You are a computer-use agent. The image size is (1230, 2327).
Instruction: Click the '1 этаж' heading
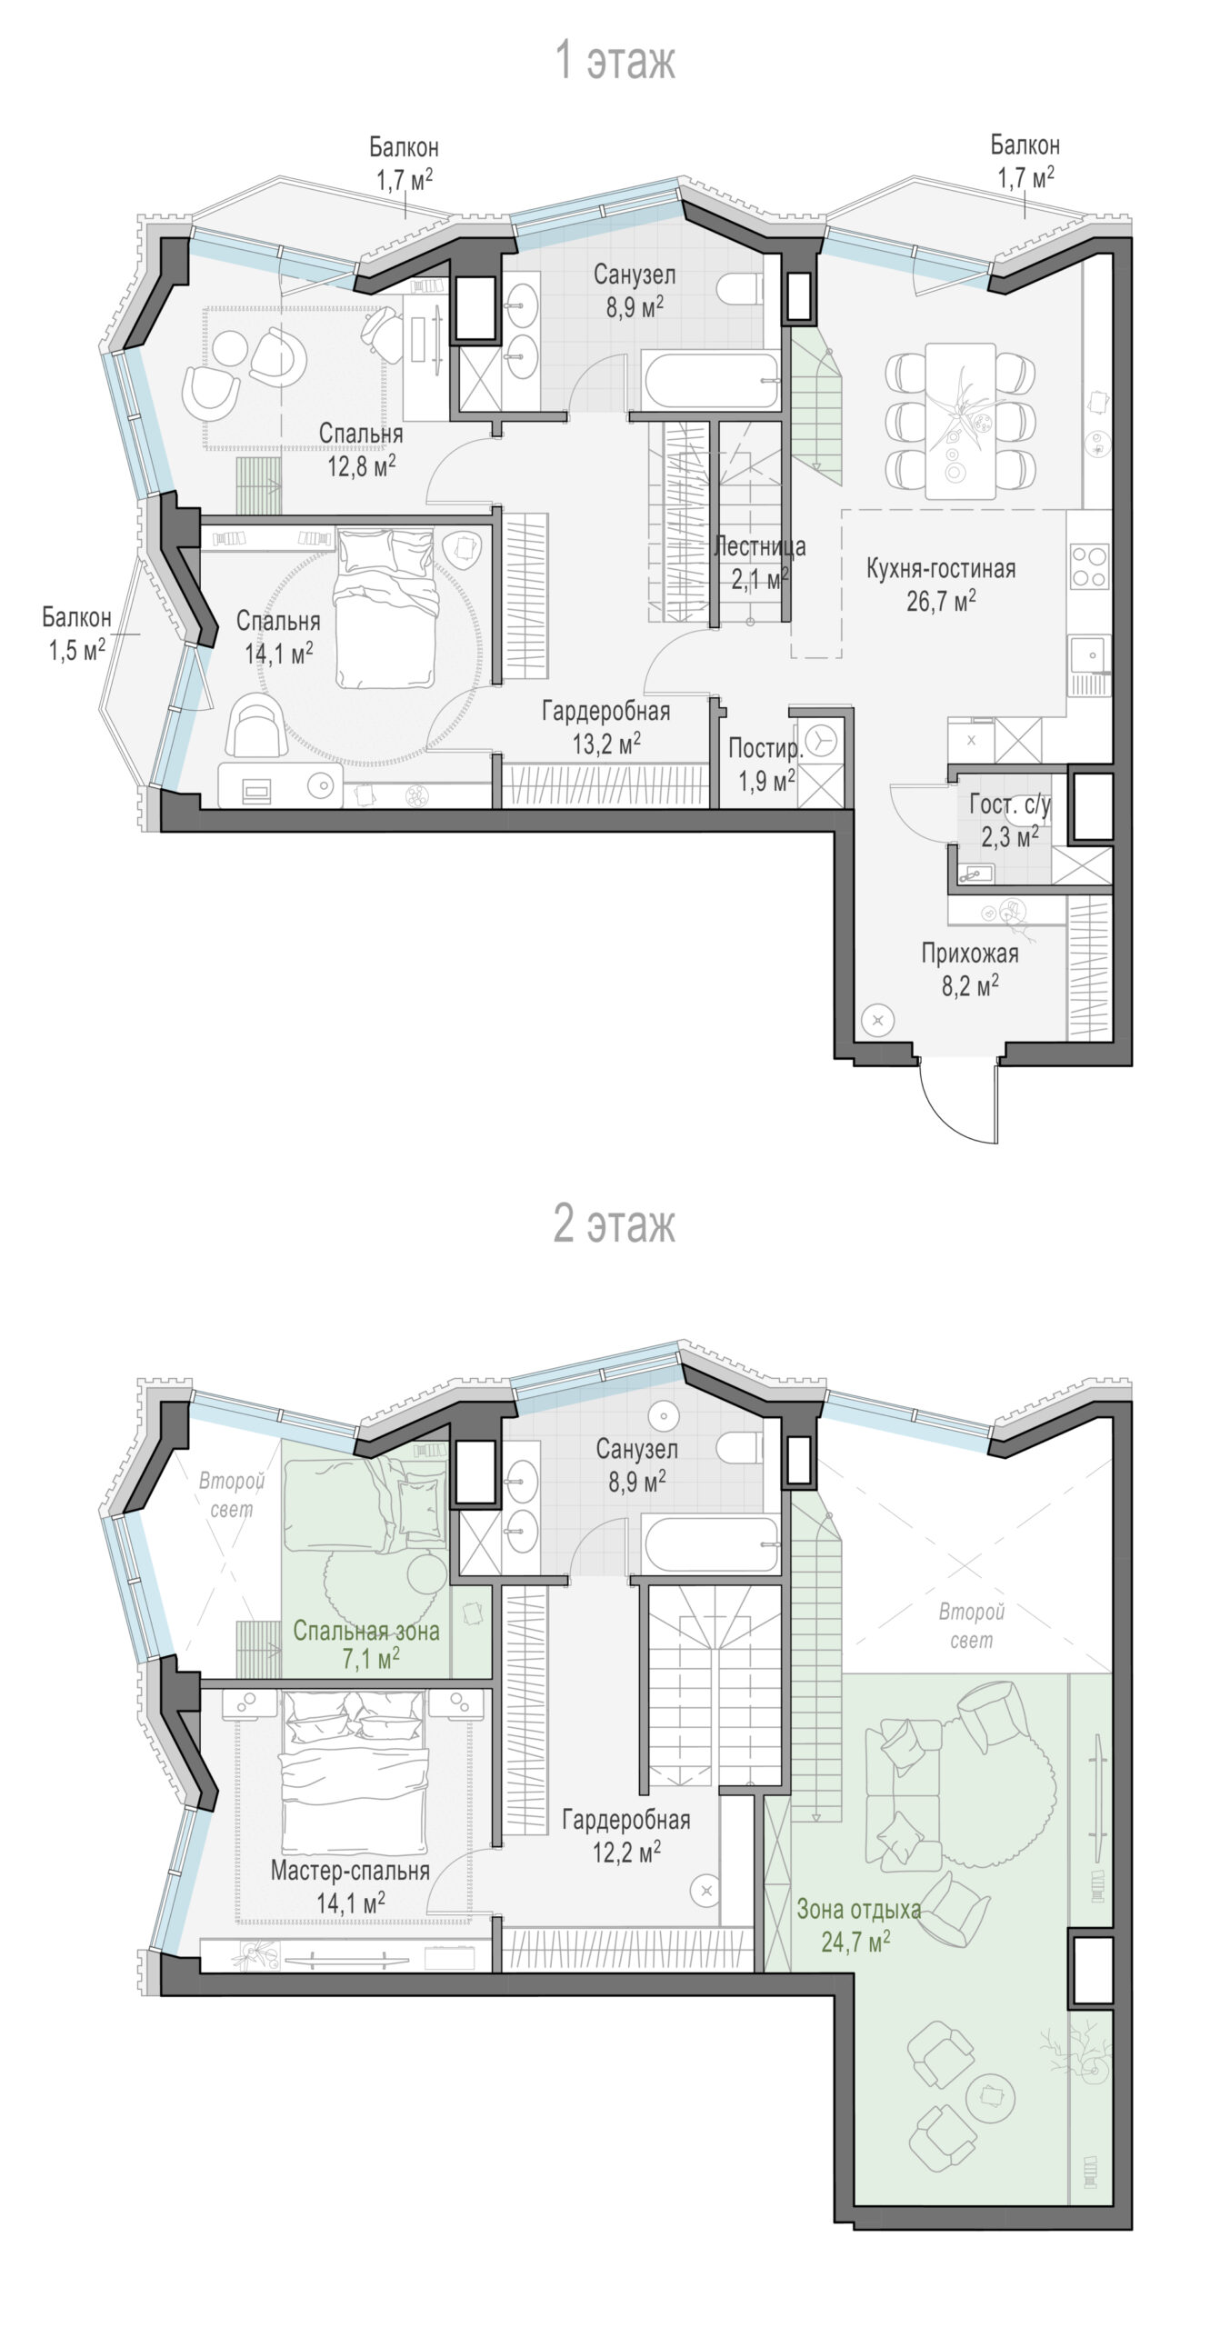(x=615, y=62)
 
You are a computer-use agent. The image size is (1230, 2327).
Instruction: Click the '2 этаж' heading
(x=615, y=1224)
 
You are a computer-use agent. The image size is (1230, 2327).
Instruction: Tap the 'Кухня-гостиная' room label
(x=940, y=569)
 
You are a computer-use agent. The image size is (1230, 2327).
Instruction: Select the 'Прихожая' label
(x=969, y=954)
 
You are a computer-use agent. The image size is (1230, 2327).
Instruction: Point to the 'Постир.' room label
(x=765, y=749)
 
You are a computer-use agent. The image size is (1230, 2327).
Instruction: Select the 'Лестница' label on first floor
(x=759, y=546)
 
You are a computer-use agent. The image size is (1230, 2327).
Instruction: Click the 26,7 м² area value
(x=941, y=600)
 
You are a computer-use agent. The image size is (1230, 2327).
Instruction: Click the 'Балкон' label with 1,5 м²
(x=76, y=617)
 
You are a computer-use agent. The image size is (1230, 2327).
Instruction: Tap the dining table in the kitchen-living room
(x=961, y=421)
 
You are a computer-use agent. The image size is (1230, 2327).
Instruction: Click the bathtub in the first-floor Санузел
(x=710, y=380)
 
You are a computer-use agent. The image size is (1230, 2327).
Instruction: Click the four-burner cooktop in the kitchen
(x=1089, y=565)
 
